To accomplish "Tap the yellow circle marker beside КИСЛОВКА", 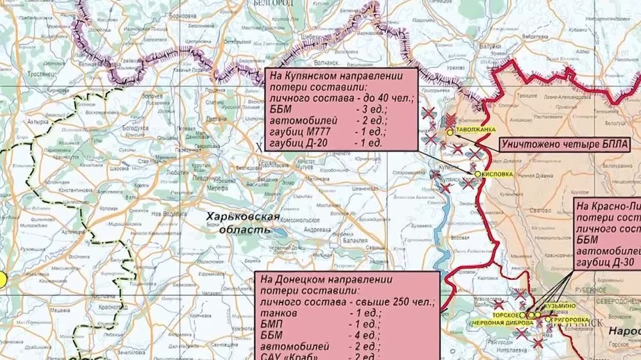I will (x=478, y=174).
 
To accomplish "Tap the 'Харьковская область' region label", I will (x=242, y=223).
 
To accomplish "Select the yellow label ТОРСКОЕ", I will (x=506, y=315).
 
